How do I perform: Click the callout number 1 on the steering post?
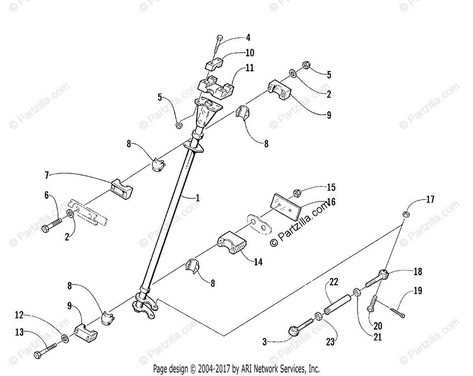197,198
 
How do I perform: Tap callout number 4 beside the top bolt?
248,38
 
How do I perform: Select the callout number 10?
250,53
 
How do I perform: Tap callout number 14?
258,261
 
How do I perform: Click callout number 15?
331,187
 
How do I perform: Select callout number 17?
430,200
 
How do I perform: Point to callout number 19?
418,291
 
